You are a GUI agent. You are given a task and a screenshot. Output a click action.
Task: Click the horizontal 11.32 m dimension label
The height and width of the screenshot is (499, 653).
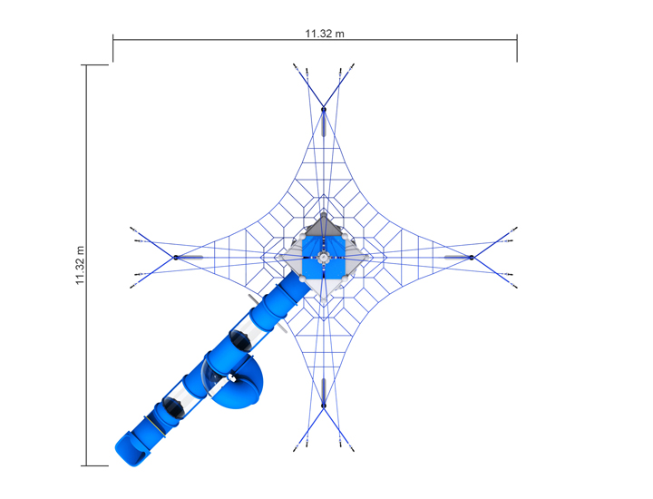(x=325, y=34)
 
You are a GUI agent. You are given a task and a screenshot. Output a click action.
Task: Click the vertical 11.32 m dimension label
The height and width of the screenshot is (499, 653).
(x=80, y=265)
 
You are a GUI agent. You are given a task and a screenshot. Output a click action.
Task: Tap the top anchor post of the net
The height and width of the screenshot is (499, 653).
(x=324, y=110)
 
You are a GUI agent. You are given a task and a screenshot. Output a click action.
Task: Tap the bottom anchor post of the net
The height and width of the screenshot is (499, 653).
(x=324, y=406)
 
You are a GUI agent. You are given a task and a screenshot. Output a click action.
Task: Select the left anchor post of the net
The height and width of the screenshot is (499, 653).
(x=176, y=258)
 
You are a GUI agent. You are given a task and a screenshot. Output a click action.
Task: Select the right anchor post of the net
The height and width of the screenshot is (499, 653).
(x=472, y=258)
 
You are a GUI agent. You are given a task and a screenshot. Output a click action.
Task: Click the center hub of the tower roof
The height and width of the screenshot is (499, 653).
(x=324, y=258)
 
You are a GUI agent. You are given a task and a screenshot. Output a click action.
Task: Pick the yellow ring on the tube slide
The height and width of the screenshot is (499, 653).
(x=155, y=426)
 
